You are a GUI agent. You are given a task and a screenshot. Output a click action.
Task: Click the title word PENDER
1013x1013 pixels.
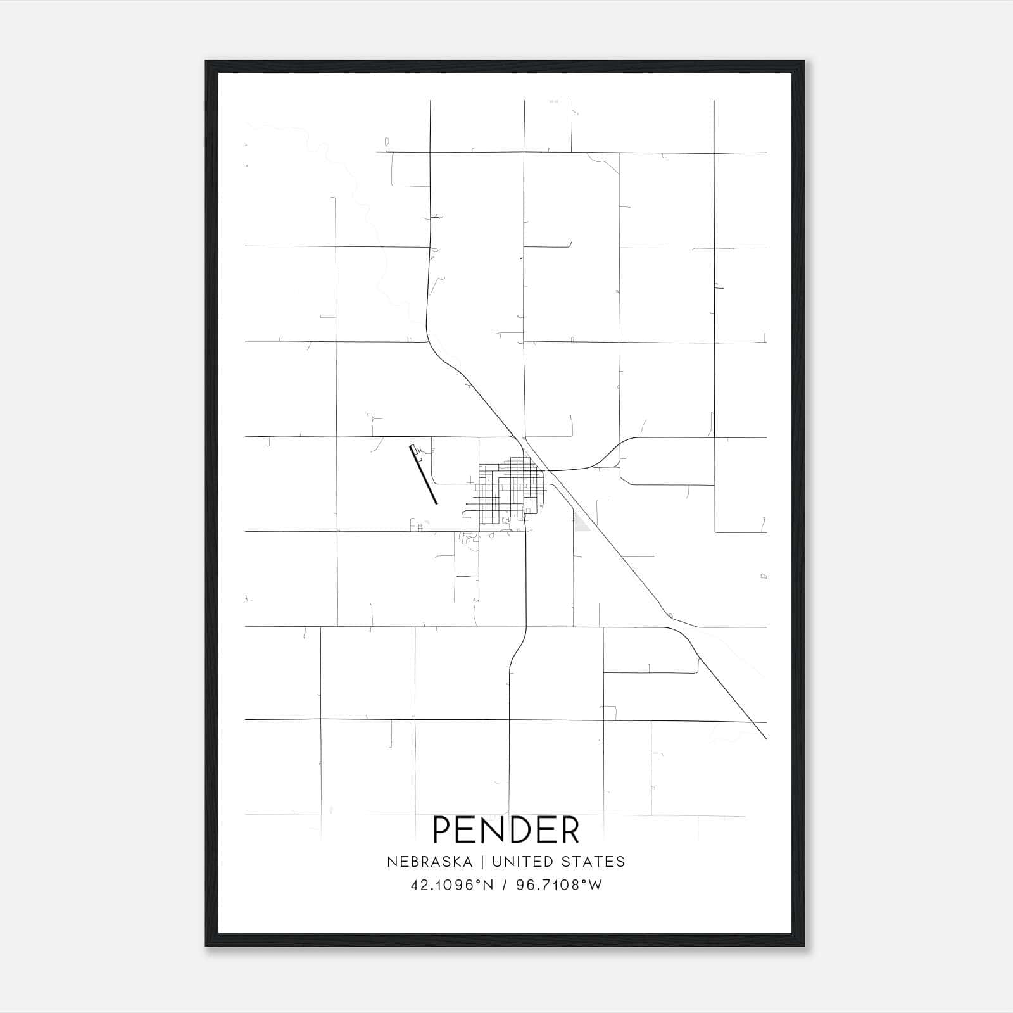coord(506,830)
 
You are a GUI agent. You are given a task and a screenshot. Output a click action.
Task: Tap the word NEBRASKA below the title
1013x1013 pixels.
coord(429,862)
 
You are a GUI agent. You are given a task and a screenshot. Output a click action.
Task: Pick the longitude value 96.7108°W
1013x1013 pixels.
coord(559,885)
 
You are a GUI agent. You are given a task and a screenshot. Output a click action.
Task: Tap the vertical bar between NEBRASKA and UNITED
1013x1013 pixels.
coord(482,862)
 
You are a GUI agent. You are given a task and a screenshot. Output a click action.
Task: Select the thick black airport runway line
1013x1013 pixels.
coord(425,475)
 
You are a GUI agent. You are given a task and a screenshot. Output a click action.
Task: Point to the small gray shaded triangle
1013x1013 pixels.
coord(582,522)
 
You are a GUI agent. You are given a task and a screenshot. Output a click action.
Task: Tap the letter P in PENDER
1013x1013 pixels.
coord(443,830)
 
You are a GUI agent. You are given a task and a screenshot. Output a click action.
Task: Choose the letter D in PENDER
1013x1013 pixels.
coord(518,830)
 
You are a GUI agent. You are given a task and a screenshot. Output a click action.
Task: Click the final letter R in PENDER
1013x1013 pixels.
coord(569,830)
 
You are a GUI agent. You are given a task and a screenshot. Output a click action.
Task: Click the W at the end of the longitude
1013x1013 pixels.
coord(596,885)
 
